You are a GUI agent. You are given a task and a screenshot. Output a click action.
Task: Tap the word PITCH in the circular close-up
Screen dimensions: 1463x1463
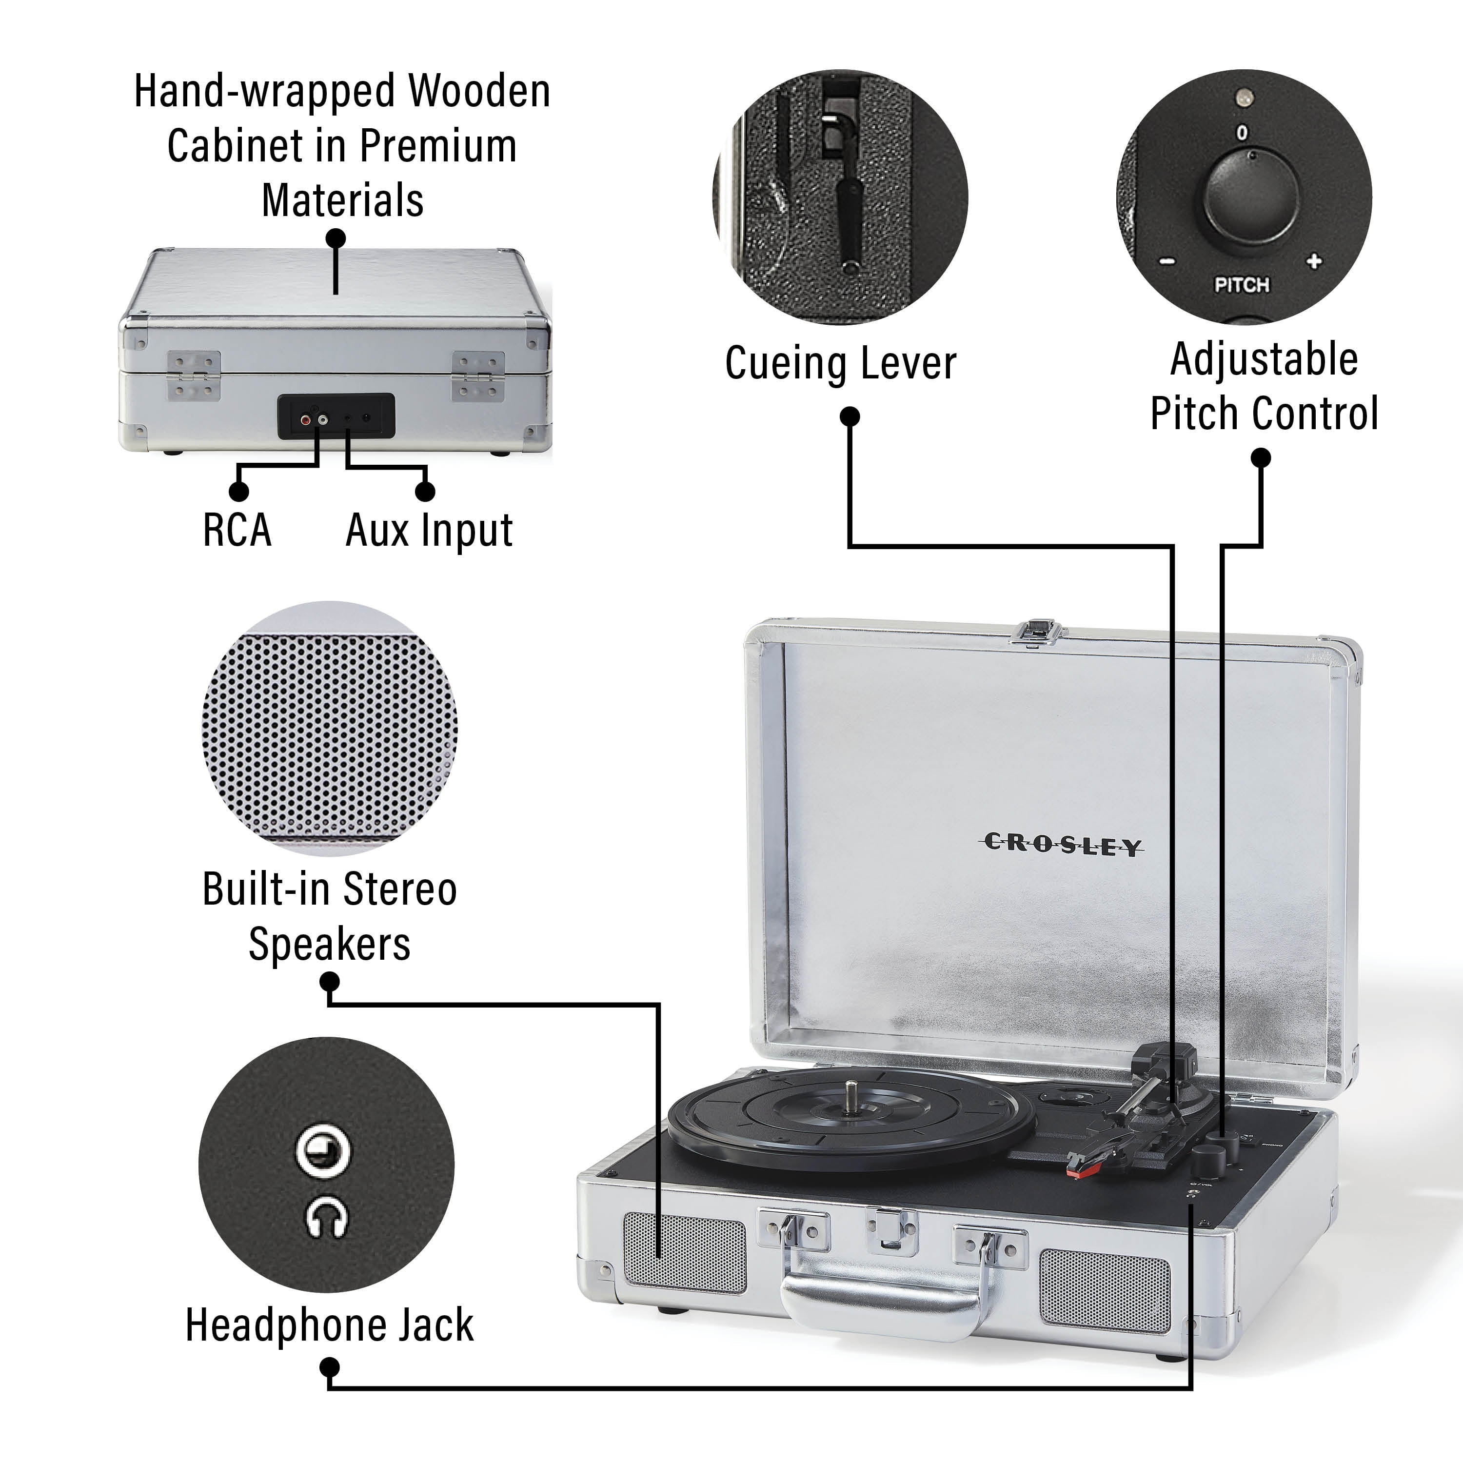click(x=1242, y=285)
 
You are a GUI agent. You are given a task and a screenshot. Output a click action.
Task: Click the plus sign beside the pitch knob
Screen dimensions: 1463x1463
click(x=1314, y=261)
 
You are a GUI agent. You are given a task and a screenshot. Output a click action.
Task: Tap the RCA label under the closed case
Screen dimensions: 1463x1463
click(x=237, y=530)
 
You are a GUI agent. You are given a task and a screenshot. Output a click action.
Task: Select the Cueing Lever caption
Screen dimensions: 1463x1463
click(x=841, y=363)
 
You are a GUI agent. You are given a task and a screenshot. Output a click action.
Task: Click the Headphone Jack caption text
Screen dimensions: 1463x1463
click(x=329, y=1325)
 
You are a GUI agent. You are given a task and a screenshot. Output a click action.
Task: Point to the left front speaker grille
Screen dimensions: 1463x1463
click(x=685, y=1252)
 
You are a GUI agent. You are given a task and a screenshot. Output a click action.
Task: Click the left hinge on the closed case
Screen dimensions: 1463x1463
click(x=194, y=375)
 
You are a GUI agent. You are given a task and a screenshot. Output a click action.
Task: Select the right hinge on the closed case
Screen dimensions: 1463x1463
click(x=478, y=376)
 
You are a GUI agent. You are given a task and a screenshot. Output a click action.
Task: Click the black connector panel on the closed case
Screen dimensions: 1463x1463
click(x=336, y=415)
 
